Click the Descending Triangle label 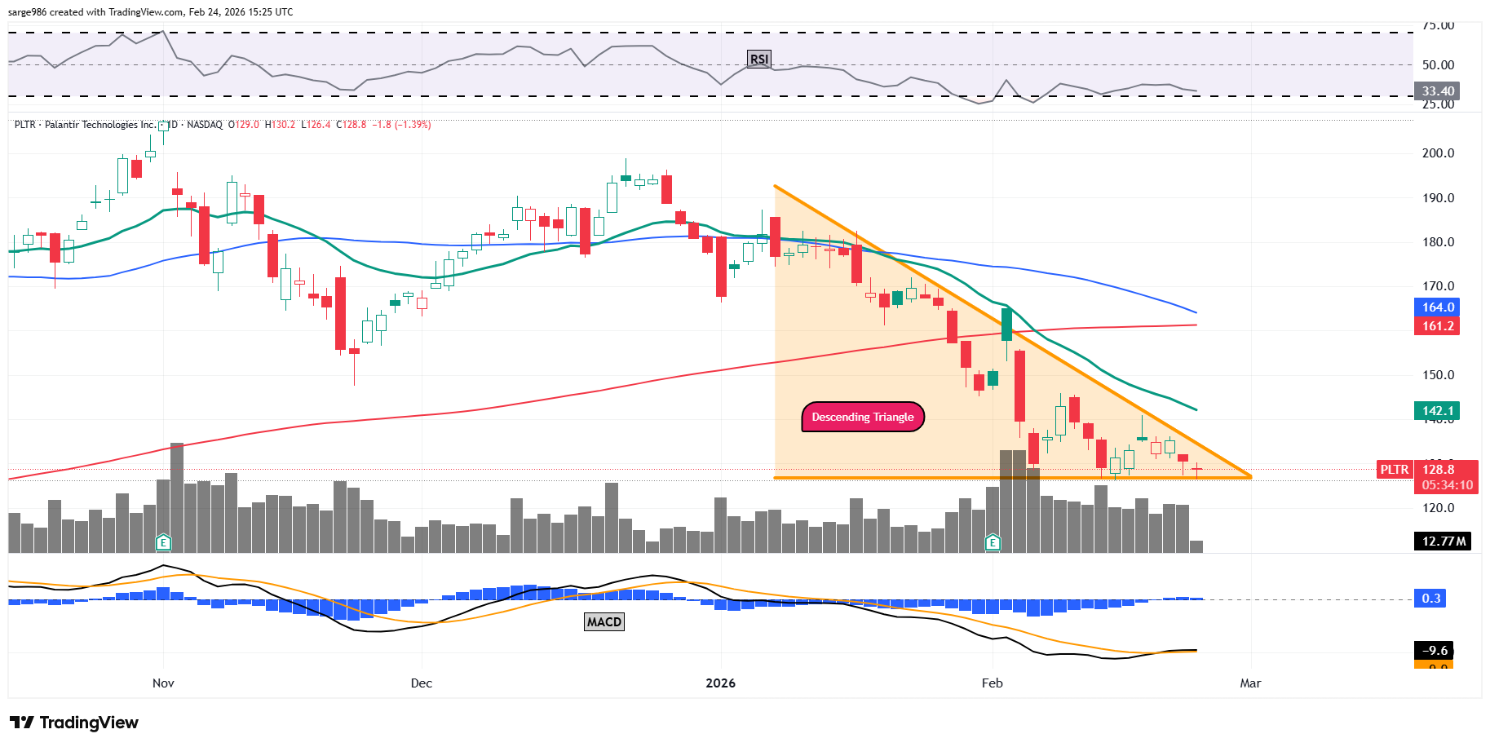(x=863, y=417)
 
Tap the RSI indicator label (x=758, y=59)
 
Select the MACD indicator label (x=604, y=622)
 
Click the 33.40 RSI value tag (x=1437, y=91)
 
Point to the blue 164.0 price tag (x=1437, y=307)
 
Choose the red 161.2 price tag (x=1437, y=326)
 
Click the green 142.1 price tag (x=1437, y=411)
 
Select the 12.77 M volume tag (x=1443, y=541)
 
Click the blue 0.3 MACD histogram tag (x=1431, y=599)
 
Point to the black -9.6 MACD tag (x=1435, y=651)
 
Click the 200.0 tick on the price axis (x=1438, y=153)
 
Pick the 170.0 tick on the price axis (x=1438, y=286)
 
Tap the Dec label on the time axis (x=422, y=683)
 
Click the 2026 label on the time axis (x=720, y=683)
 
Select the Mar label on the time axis (x=1250, y=683)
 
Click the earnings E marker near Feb (x=993, y=542)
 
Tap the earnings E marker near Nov (x=163, y=542)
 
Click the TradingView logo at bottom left (x=74, y=723)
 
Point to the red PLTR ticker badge (x=1394, y=470)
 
